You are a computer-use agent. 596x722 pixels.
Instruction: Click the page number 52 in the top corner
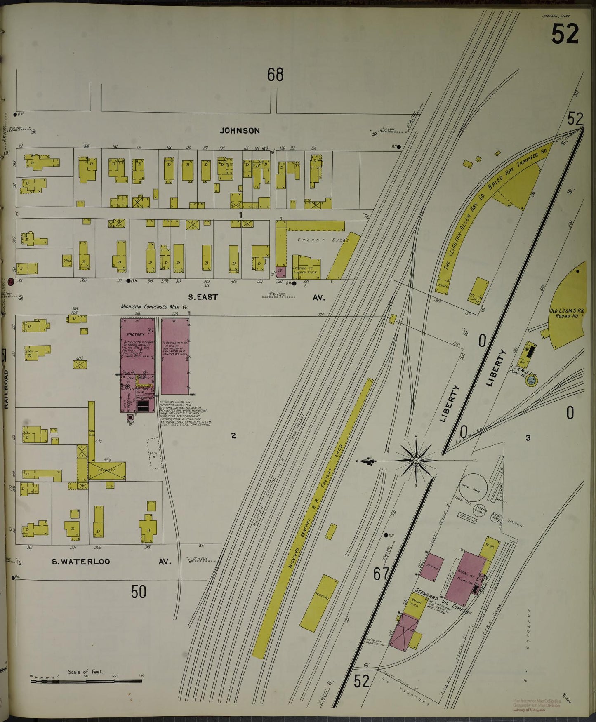point(565,34)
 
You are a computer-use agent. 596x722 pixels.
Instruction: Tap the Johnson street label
point(240,131)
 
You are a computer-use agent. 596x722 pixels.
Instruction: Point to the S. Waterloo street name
point(81,561)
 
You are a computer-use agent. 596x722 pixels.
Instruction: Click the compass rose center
point(416,460)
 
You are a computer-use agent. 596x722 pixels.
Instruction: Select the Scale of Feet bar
point(86,680)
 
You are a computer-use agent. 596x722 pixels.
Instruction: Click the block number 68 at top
point(275,75)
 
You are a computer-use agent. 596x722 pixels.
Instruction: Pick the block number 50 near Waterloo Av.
point(139,592)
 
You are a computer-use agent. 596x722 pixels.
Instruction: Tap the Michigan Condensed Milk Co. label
point(154,307)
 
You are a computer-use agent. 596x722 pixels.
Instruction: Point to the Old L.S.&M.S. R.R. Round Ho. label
point(567,313)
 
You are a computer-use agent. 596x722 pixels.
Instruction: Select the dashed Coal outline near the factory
point(154,453)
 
